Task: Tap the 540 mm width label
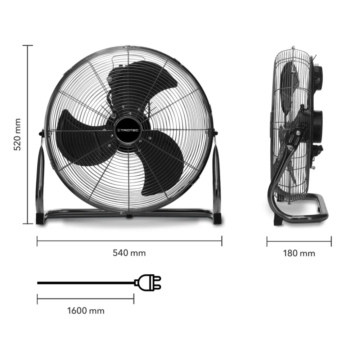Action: [129, 253]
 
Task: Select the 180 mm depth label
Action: [299, 253]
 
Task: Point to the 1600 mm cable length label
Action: [86, 310]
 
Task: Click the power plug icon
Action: [148, 283]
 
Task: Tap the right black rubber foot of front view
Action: [217, 219]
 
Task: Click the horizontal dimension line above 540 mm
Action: [129, 241]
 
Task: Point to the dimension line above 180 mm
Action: [299, 241]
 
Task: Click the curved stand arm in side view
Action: [279, 173]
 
